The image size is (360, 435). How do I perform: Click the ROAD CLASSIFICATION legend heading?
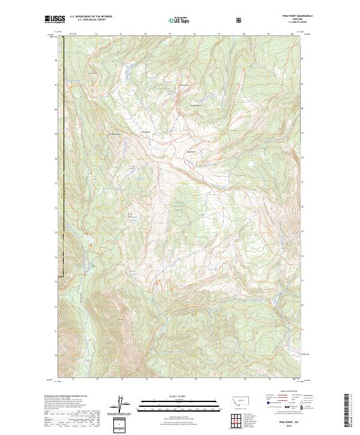(x=282, y=391)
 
